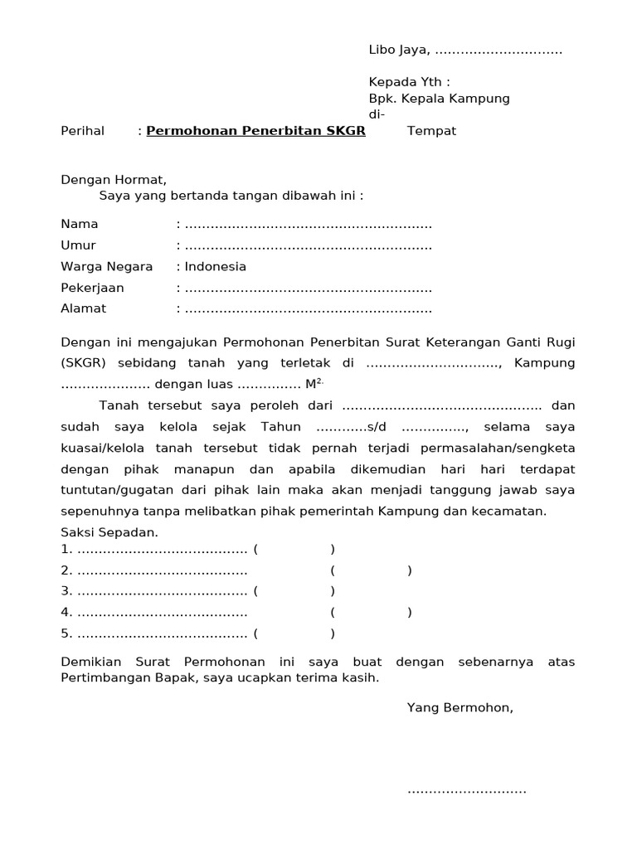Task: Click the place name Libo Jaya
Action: pyautogui.click(x=399, y=51)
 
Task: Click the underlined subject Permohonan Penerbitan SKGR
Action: pyautogui.click(x=255, y=131)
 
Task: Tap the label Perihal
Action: pyautogui.click(x=83, y=131)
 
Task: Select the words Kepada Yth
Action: pyautogui.click(x=409, y=82)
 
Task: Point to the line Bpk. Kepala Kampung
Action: pyautogui.click(x=439, y=99)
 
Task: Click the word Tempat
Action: pyautogui.click(x=431, y=131)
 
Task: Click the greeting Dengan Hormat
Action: pyautogui.click(x=114, y=179)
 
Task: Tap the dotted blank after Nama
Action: pyautogui.click(x=308, y=225)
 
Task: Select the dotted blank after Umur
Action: pyautogui.click(x=308, y=246)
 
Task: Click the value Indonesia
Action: pyautogui.click(x=215, y=267)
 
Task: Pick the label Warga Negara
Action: pyautogui.click(x=107, y=267)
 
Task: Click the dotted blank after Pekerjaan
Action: pyautogui.click(x=308, y=289)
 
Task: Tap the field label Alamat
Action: pyautogui.click(x=84, y=308)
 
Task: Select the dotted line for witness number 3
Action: pyautogui.click(x=163, y=591)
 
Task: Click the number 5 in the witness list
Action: pyautogui.click(x=66, y=634)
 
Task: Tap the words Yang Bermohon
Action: pyautogui.click(x=460, y=707)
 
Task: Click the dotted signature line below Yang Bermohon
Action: pyautogui.click(x=466, y=790)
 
